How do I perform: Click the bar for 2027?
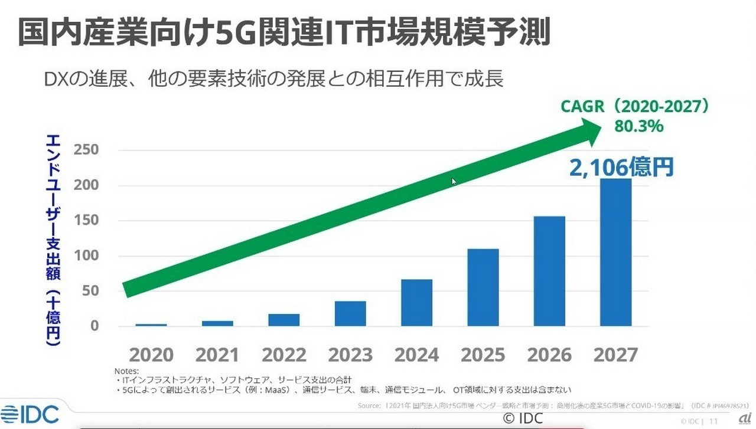[x=615, y=252]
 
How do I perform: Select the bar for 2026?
[x=549, y=271]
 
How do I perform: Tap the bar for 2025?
[x=483, y=287]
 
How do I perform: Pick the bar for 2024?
[x=416, y=302]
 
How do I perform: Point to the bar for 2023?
[x=350, y=313]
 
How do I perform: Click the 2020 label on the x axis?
[x=151, y=355]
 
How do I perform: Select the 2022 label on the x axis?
[x=284, y=355]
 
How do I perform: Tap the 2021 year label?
[x=217, y=355]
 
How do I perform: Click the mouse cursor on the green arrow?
[x=454, y=181]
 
